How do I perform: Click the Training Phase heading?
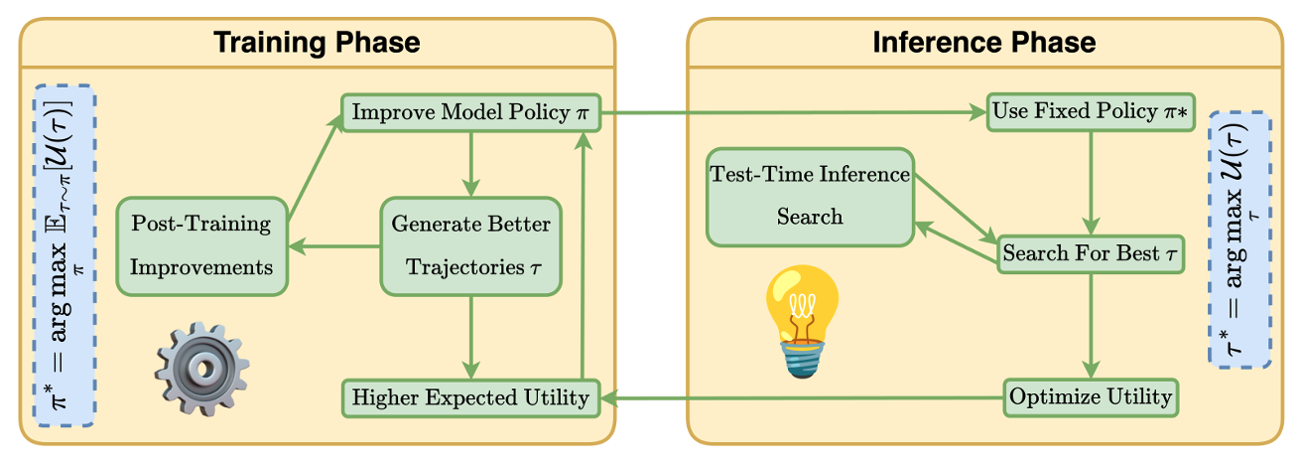317,43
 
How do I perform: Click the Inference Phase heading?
984,43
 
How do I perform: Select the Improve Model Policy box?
470,112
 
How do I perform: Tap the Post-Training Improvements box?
202,246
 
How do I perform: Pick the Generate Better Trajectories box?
470,246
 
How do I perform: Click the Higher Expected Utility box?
470,398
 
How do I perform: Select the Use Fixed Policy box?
1091,111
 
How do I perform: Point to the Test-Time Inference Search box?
810,197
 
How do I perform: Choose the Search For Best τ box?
1091,254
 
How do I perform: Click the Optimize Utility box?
1091,397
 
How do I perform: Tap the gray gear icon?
202,369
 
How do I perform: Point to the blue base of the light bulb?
803,360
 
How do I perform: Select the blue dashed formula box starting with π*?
65,255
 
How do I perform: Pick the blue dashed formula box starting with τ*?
1240,239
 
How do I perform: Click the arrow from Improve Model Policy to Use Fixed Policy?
794,112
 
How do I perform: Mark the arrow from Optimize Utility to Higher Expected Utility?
802,398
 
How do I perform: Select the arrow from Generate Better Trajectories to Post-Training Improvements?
334,246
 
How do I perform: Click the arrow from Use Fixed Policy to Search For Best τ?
1091,184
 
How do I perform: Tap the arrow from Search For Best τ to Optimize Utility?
1091,326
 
